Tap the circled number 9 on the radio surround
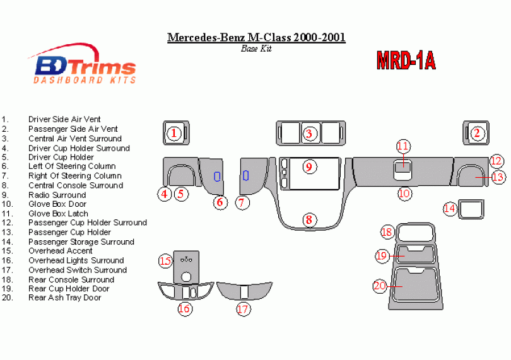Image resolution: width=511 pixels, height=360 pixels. [308, 167]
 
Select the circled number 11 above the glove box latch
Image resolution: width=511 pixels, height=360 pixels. [403, 146]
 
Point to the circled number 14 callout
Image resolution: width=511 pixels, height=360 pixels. [450, 207]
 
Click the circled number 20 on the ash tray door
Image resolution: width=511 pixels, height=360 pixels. [380, 286]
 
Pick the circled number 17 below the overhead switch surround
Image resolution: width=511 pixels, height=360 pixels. [244, 309]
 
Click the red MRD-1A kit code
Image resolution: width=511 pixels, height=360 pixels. [406, 60]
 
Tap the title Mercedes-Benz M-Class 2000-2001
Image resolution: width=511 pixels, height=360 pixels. [256, 37]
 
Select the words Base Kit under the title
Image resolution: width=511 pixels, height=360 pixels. [256, 49]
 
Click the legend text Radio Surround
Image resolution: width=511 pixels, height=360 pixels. [57, 195]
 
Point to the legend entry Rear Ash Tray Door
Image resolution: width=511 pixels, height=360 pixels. [64, 298]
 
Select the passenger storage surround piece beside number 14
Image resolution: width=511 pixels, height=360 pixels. [469, 207]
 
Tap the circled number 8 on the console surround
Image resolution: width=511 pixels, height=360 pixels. [309, 220]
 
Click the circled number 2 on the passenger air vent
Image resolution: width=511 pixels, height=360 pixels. [477, 133]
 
